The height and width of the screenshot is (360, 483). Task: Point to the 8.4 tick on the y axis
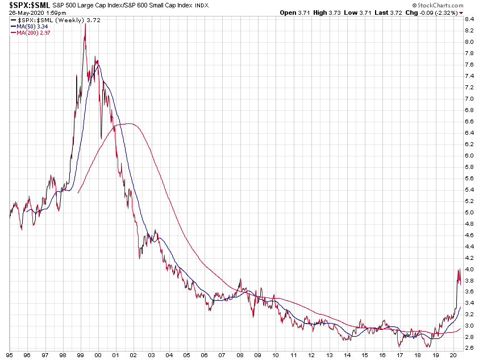coord(470,19)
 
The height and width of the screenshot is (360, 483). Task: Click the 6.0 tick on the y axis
coord(470,155)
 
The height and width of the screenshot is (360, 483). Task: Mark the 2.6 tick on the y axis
coord(470,348)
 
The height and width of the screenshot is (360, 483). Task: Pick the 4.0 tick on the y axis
coord(470,269)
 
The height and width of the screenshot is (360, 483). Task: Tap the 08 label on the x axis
coord(240,354)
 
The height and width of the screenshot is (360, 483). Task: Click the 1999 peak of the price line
coord(85,24)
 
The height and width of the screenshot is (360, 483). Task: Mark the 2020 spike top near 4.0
coord(459,270)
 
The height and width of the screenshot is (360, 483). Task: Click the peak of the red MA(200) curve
coord(130,123)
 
